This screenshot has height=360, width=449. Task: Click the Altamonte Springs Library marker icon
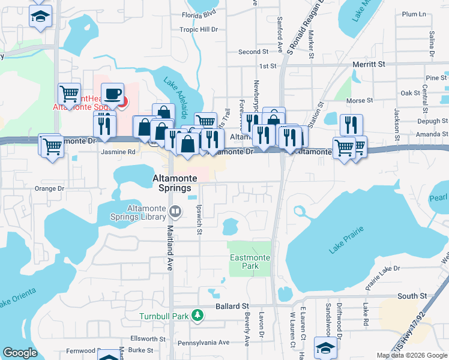pyautogui.click(x=175, y=211)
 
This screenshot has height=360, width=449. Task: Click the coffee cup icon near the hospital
pyautogui.click(x=112, y=94)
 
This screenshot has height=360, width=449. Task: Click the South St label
pyautogui.click(x=412, y=296)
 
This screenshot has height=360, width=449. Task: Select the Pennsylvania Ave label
pyautogui.click(x=208, y=343)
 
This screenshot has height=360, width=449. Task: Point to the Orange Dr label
pyautogui.click(x=49, y=188)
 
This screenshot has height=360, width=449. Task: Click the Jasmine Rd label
pyautogui.click(x=118, y=152)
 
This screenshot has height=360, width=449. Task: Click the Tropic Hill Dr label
pyautogui.click(x=198, y=29)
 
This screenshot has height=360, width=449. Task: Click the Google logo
pyautogui.click(x=20, y=353)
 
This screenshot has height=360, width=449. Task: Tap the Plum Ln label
pyautogui.click(x=413, y=14)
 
